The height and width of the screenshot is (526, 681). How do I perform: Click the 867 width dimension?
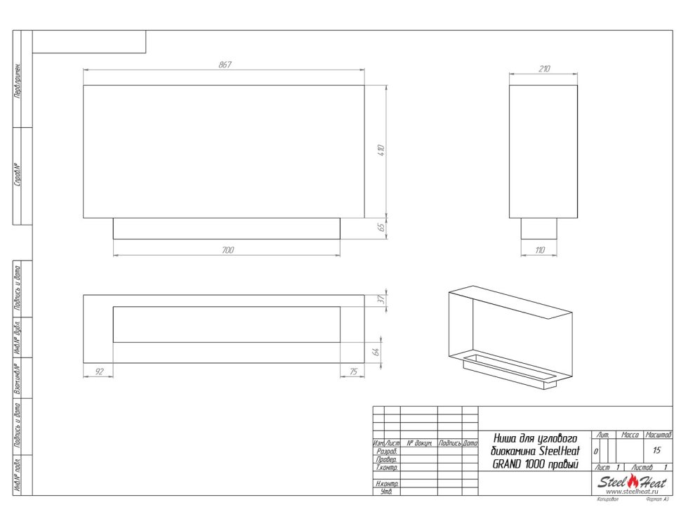(x=225, y=65)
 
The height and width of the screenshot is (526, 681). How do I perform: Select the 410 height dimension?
(x=381, y=150)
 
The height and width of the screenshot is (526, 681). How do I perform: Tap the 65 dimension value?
(x=381, y=227)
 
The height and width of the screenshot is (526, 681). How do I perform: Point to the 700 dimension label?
(x=227, y=250)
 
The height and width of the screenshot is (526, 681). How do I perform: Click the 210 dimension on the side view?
(x=543, y=69)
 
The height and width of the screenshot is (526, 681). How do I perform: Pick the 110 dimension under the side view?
(x=539, y=250)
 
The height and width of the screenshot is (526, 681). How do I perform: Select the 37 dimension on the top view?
(x=381, y=300)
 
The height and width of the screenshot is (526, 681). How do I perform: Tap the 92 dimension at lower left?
(x=99, y=372)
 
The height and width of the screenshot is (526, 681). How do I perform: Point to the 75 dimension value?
(x=352, y=372)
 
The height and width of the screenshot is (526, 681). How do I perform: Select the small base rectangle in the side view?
(x=538, y=228)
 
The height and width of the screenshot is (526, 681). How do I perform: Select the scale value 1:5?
(x=657, y=450)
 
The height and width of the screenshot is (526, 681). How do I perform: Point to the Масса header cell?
(x=630, y=436)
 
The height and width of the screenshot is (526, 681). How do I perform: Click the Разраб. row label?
(x=387, y=452)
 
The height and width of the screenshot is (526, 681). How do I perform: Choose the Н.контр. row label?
(x=387, y=484)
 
